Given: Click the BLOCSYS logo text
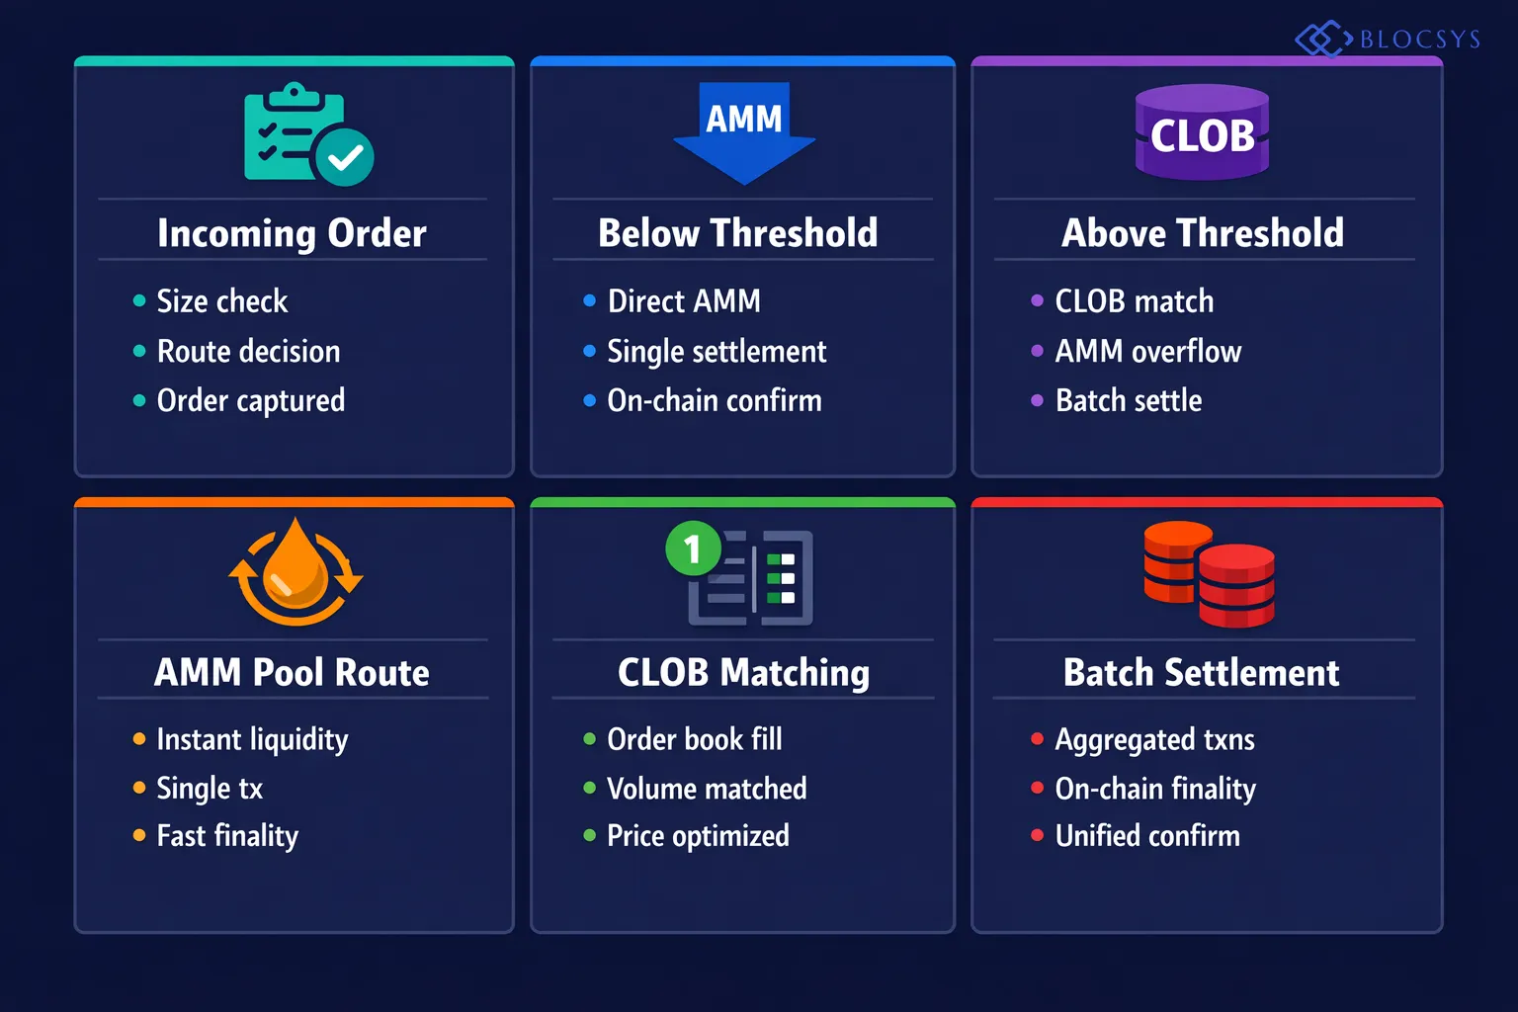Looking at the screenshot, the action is coord(1419,40).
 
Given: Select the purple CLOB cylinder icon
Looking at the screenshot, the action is coord(1202,133).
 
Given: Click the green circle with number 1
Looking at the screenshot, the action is coord(693,548).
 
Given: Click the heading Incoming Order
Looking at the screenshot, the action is coord(293,233).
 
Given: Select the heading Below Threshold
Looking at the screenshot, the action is coord(738,233).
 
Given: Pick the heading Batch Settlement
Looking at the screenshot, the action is coord(1201,673).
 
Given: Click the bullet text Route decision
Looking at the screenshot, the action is coord(248,351).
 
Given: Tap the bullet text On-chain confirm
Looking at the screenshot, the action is coord(715,400).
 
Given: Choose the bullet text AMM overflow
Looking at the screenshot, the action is coord(1147,351).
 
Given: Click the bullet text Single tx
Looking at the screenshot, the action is coord(210,788).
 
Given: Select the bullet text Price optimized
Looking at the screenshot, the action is coord(698,836).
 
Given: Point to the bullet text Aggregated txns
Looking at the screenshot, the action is coord(1154,739).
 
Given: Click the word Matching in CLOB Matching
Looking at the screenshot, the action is coord(795,673).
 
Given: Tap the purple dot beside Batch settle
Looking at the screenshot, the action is coord(1037,400).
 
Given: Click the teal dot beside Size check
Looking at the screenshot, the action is coord(139,300).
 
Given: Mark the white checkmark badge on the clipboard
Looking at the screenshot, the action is coord(345,157).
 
